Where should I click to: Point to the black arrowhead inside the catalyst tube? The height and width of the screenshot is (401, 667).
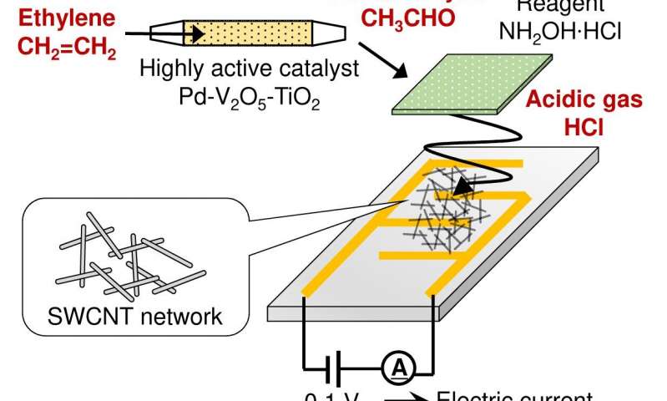[x=199, y=34]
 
